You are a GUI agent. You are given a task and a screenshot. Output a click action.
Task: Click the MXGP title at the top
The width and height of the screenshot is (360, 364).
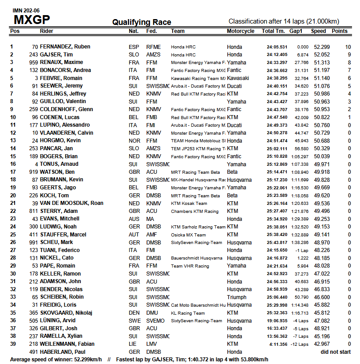point(32,20)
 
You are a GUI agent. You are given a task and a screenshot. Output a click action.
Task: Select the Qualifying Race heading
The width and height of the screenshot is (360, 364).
point(142,22)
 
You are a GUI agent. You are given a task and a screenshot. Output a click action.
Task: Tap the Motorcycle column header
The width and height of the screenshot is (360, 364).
point(241,31)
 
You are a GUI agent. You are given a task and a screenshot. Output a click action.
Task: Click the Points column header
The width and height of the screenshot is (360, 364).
point(340,31)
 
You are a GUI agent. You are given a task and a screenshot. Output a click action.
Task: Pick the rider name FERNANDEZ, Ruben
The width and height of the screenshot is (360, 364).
point(65,47)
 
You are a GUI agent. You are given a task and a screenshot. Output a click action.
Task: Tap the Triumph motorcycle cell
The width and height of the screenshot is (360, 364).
point(237,297)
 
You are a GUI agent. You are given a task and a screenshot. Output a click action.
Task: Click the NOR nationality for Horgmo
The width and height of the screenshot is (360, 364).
point(134,140)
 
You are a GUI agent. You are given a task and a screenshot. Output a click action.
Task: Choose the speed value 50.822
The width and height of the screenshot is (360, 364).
point(320,117)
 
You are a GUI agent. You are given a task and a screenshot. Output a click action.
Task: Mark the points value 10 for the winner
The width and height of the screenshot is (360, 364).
point(347,47)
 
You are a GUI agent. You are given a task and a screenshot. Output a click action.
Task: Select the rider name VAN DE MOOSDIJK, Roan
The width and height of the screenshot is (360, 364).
point(71,203)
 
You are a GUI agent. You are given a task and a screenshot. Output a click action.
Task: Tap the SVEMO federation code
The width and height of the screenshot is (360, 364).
point(154,320)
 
